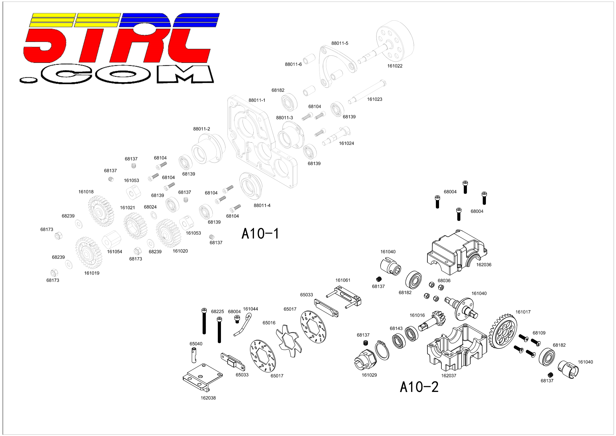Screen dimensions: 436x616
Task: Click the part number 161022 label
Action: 395,66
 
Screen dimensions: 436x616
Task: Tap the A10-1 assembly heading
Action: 260,233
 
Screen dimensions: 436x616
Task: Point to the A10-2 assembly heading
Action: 419,387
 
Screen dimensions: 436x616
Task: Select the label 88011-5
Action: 340,43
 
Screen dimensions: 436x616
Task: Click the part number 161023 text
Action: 374,99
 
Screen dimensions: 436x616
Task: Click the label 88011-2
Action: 201,129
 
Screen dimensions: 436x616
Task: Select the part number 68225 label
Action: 217,312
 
